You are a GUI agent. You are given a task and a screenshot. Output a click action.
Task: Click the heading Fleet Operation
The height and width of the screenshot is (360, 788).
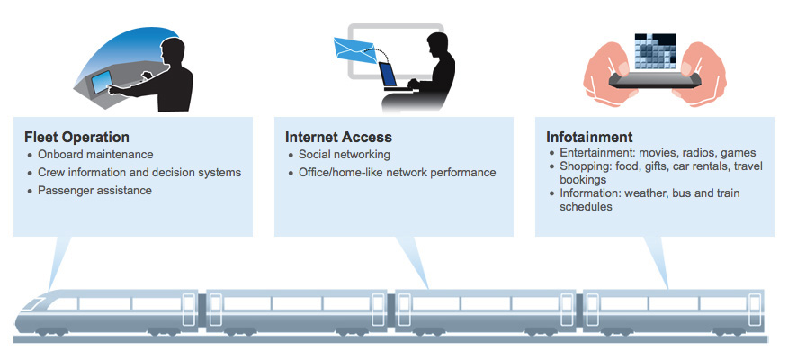tap(76, 138)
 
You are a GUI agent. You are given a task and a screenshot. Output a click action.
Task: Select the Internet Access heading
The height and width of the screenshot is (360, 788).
tap(338, 138)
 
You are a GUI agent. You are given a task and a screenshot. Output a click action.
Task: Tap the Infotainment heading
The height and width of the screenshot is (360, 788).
tap(589, 138)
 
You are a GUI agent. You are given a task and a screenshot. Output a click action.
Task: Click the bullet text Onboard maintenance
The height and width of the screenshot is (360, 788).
tap(95, 155)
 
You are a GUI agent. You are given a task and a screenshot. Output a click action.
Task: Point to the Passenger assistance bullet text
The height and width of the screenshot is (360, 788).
tap(94, 191)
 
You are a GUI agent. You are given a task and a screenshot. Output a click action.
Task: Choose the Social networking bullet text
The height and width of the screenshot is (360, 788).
tap(345, 155)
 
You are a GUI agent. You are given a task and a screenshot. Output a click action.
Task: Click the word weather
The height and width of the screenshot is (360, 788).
tap(644, 193)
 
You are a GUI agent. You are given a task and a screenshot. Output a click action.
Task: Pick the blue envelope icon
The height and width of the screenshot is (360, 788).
tap(354, 50)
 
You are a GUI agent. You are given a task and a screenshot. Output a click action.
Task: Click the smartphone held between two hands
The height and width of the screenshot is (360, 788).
tap(654, 80)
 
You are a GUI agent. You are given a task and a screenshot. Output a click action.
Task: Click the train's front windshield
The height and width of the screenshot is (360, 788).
tap(33, 303)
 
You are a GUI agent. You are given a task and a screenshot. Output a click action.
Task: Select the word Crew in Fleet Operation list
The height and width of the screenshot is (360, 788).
tap(49, 173)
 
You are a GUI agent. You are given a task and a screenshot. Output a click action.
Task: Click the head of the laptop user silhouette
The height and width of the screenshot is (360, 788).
tap(436, 45)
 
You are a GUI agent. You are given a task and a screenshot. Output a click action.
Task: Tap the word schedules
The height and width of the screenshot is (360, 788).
tap(586, 207)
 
